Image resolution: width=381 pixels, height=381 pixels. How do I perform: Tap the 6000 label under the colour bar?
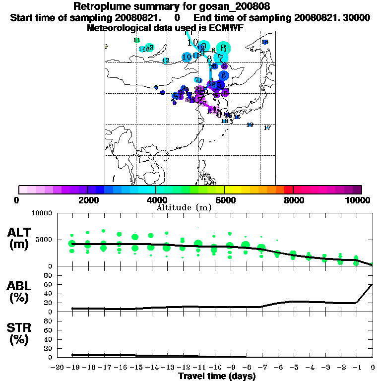tap(224, 200)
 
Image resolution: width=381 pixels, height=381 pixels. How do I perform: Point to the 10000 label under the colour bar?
tap(357, 200)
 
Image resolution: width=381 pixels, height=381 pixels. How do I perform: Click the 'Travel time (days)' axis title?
tap(217, 376)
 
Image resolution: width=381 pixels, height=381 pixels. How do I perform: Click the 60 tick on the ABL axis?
tap(49, 284)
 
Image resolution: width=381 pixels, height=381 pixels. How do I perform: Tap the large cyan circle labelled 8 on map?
tap(224, 48)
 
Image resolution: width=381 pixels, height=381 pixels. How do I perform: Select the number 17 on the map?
tap(267, 128)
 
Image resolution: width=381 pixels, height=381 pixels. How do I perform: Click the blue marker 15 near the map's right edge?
tap(265, 42)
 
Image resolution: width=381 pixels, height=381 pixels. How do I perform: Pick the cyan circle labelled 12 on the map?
tap(166, 61)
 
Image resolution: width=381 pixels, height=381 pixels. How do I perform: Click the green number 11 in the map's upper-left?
tap(137, 40)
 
